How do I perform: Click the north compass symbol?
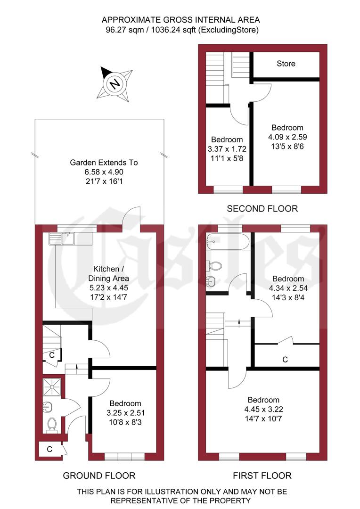pyautogui.click(x=115, y=84)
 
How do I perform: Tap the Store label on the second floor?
pyautogui.click(x=286, y=63)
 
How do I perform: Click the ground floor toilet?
pyautogui.click(x=52, y=424)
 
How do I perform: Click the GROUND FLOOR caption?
pyautogui.click(x=99, y=476)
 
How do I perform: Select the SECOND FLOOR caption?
pyautogui.click(x=262, y=208)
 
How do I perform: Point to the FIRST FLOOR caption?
pyautogui.click(x=262, y=476)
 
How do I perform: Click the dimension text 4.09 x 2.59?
pyautogui.click(x=287, y=137)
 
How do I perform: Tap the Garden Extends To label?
pyautogui.click(x=104, y=163)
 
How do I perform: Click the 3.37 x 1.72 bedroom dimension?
pyautogui.click(x=227, y=148)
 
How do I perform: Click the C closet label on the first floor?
pyautogui.click(x=285, y=360)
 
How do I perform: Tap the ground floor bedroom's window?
pyautogui.click(x=124, y=456)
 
